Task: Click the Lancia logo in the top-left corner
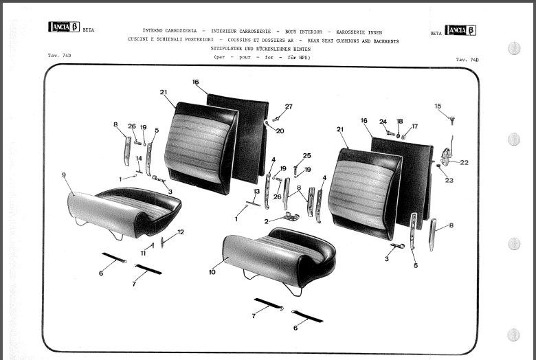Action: click(64, 27)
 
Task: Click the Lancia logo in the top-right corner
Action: click(460, 30)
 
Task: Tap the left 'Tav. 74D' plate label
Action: click(60, 54)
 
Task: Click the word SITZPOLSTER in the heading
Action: click(237, 49)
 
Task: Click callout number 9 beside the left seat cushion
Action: click(63, 175)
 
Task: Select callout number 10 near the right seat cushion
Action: click(212, 272)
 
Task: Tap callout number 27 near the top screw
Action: click(289, 106)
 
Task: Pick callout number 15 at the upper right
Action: click(438, 106)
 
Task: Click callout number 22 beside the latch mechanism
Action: click(465, 163)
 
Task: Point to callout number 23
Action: click(449, 181)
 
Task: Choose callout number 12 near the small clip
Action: click(181, 232)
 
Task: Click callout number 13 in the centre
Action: click(256, 192)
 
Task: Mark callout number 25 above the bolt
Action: click(306, 155)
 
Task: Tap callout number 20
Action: click(280, 131)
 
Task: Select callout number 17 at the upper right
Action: click(414, 126)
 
